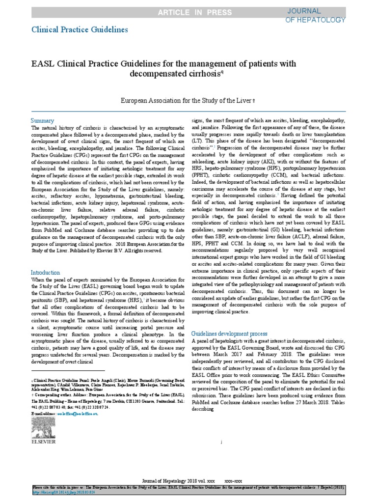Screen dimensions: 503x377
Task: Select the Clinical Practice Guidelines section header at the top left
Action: [x=80, y=29]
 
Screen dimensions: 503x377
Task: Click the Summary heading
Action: [x=42, y=120]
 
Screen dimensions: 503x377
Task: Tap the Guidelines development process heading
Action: [x=229, y=333]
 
